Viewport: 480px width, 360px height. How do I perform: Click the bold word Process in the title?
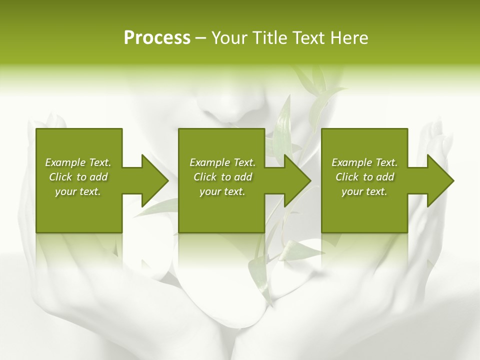[x=157, y=38]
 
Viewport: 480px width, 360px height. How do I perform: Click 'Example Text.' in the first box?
[x=78, y=162]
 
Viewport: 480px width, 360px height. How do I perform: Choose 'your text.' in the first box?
[x=78, y=191]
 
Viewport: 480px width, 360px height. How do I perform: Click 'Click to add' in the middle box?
[x=222, y=177]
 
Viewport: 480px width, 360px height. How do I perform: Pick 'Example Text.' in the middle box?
[x=222, y=162]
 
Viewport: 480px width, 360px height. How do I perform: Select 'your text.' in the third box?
[x=364, y=191]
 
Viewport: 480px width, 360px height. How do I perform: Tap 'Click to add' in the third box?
[x=364, y=177]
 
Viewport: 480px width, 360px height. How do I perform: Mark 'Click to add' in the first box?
[x=78, y=177]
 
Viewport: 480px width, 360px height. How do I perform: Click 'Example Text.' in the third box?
[x=364, y=162]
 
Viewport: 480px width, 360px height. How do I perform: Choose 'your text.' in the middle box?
[x=222, y=191]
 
